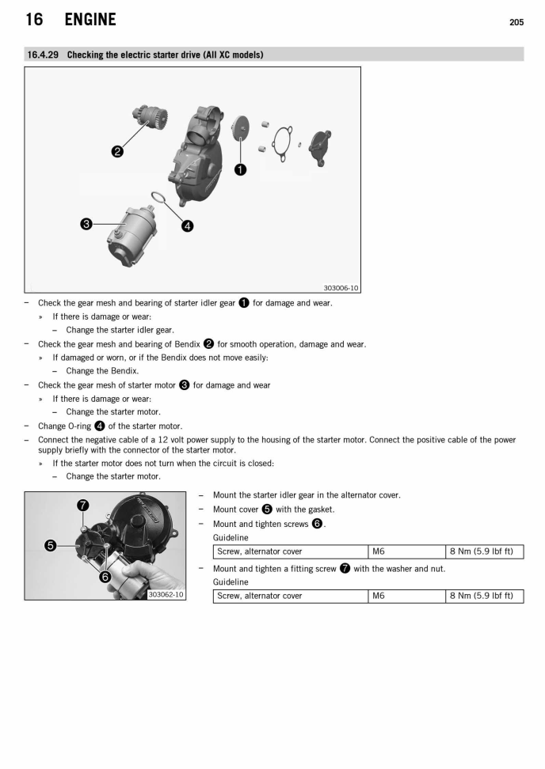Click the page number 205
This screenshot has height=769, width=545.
tap(516, 22)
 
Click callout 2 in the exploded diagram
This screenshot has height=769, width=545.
tap(116, 151)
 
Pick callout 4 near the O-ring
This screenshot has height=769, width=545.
tap(187, 225)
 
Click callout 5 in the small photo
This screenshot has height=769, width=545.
tap(51, 545)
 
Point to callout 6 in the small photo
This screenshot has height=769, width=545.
tap(103, 577)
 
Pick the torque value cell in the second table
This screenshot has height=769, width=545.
tap(483, 596)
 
